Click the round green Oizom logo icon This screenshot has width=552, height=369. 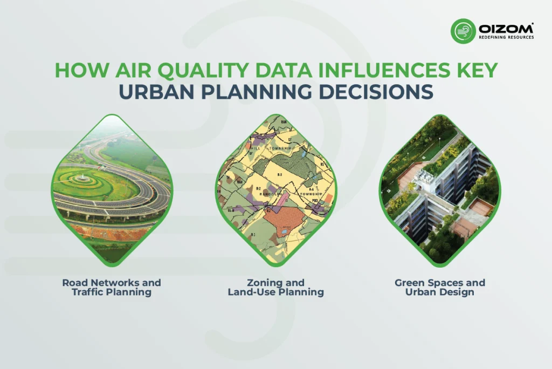(x=463, y=31)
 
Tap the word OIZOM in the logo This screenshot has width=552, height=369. (x=506, y=27)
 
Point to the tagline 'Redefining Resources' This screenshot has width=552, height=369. (x=506, y=38)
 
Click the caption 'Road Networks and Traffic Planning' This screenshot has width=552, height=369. (x=112, y=287)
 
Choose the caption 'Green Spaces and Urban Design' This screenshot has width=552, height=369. (x=439, y=287)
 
